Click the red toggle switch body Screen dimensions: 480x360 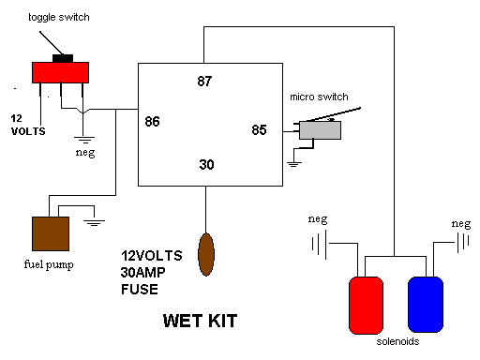60,72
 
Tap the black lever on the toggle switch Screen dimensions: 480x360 52,43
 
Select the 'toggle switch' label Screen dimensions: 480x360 59,17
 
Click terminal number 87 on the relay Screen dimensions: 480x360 204,82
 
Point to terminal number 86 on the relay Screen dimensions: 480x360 152,122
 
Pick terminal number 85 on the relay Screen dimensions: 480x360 259,130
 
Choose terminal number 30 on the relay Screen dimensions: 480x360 206,165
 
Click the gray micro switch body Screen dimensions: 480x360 320,130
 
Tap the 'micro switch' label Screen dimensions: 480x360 319,97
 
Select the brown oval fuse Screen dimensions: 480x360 206,254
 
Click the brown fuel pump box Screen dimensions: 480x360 51,233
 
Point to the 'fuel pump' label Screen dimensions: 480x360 49,264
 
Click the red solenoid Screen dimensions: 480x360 366,306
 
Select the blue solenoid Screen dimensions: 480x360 426,305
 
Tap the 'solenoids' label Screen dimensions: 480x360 397,341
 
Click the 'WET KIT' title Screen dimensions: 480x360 200,321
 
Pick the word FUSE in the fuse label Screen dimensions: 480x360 140,290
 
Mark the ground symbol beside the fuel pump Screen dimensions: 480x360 94,223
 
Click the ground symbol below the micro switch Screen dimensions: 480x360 294,164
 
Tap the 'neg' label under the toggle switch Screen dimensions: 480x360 85,153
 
